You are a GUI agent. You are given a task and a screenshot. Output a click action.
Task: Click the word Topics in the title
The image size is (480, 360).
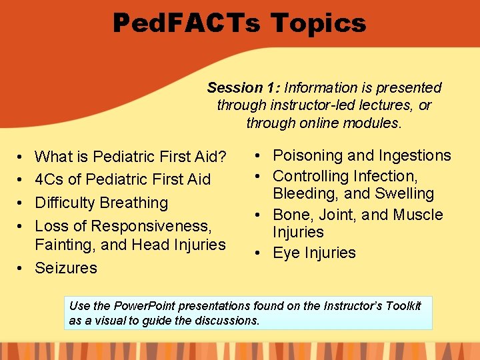point(318,23)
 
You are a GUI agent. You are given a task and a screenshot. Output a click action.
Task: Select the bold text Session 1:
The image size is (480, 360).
point(245,88)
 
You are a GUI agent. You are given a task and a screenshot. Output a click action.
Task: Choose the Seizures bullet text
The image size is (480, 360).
point(66,268)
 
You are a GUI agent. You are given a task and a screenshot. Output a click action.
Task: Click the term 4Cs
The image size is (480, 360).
point(49,179)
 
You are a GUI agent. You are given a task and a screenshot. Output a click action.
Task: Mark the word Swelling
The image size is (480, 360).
point(407,194)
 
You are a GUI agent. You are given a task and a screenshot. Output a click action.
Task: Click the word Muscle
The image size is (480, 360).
point(417,215)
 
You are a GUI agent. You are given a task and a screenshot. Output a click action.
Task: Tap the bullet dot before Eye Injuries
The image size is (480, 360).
point(256,253)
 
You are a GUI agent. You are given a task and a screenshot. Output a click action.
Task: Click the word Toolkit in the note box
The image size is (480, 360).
point(402,306)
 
